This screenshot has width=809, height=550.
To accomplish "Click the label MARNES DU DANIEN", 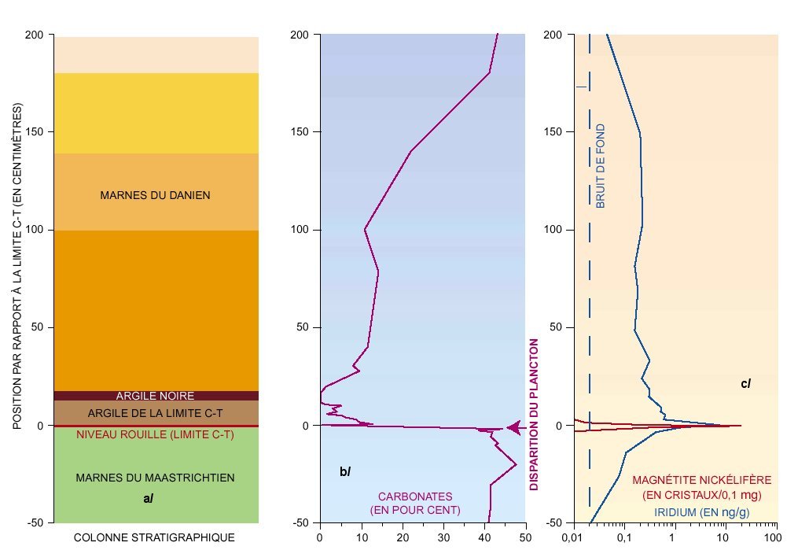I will [155, 195].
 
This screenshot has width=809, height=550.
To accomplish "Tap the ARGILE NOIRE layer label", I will [155, 396].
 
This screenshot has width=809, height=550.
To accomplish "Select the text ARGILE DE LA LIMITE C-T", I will [155, 413].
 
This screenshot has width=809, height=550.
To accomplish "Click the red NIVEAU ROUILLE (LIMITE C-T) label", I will [155, 434].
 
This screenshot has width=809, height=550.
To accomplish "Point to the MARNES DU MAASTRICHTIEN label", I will [155, 478].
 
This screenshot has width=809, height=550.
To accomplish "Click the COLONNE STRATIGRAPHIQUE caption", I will [154, 537].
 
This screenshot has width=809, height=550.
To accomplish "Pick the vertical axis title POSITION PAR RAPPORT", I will [17, 267].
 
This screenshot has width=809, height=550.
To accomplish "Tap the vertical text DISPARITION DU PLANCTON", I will [534, 415].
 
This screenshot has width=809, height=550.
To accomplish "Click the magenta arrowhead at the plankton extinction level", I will [513, 427].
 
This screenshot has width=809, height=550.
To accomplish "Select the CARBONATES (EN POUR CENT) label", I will [415, 504].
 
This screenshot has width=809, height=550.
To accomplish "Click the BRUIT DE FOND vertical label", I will [601, 165].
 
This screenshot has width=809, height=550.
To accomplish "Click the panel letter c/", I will [745, 384].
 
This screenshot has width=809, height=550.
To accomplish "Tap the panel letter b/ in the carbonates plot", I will [344, 471].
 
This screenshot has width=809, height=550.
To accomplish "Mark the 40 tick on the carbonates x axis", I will [484, 537].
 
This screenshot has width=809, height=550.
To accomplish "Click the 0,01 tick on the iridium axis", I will [570, 537].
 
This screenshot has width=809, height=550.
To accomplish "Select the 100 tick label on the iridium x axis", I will [777, 537].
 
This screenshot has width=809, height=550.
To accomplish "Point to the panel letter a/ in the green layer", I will [148, 497].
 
